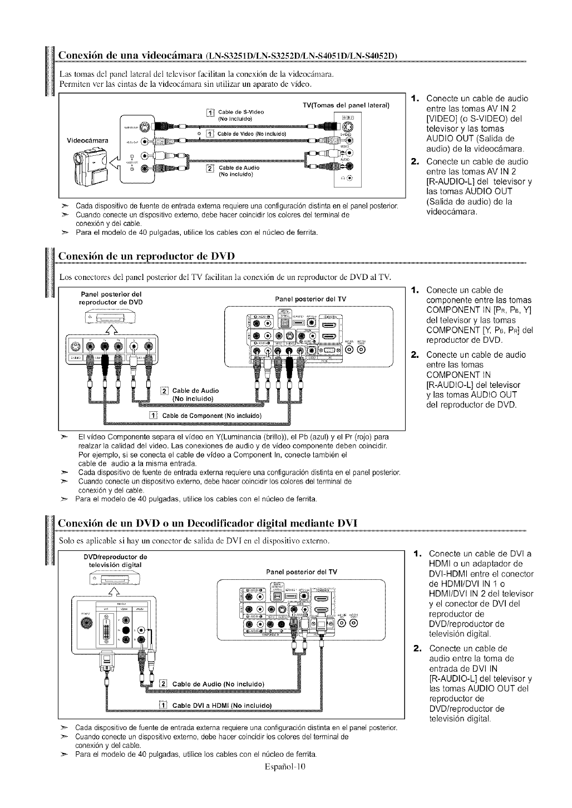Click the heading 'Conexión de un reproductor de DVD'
(147, 255)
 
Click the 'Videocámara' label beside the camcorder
(88, 139)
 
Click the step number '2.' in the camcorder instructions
(415, 161)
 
